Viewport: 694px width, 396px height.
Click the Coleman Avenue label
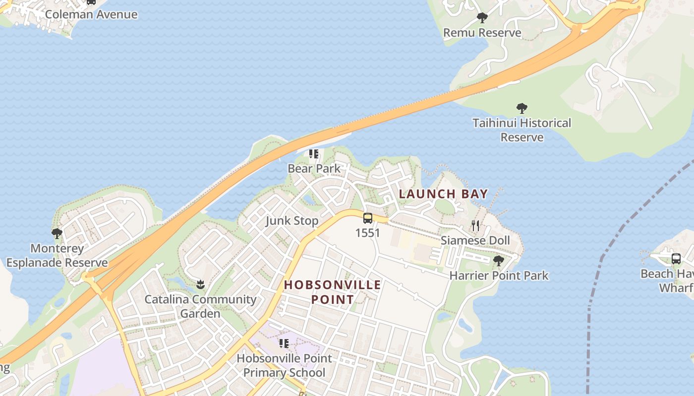click(91, 14)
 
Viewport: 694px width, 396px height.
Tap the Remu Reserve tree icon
click(482, 18)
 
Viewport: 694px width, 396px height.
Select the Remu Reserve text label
click(482, 33)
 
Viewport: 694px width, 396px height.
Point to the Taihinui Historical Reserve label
click(521, 130)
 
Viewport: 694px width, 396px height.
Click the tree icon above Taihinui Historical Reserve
click(521, 108)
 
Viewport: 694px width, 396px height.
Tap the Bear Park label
click(314, 168)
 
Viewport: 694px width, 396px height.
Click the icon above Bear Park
click(314, 154)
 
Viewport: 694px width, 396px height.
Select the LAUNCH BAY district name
click(443, 194)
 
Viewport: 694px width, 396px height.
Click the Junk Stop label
click(292, 221)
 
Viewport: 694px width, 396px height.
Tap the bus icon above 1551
click(368, 218)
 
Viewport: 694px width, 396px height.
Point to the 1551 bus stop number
click(368, 233)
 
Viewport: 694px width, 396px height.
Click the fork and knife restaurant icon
click(475, 226)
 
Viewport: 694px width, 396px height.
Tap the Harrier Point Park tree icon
click(499, 261)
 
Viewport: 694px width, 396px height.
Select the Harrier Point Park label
click(499, 276)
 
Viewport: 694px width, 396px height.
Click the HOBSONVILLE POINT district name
click(333, 292)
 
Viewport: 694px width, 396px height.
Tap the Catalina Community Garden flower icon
click(200, 284)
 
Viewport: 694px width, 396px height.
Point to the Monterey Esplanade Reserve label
click(57, 255)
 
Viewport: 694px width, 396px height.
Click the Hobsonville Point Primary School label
click(284, 365)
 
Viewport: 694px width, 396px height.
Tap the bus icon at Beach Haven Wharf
click(676, 258)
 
